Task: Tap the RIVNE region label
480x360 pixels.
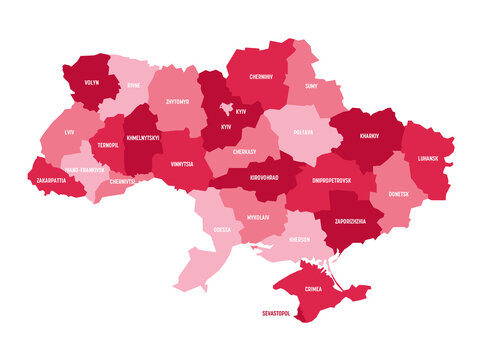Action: tap(133, 86)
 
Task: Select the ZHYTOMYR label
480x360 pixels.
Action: tap(177, 102)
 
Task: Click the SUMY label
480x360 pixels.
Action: tap(310, 87)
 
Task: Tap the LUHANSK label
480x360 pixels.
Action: tap(427, 159)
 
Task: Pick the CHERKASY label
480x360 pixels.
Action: tap(245, 151)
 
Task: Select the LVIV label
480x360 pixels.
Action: tap(67, 132)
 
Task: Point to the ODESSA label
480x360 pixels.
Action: tap(221, 229)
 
